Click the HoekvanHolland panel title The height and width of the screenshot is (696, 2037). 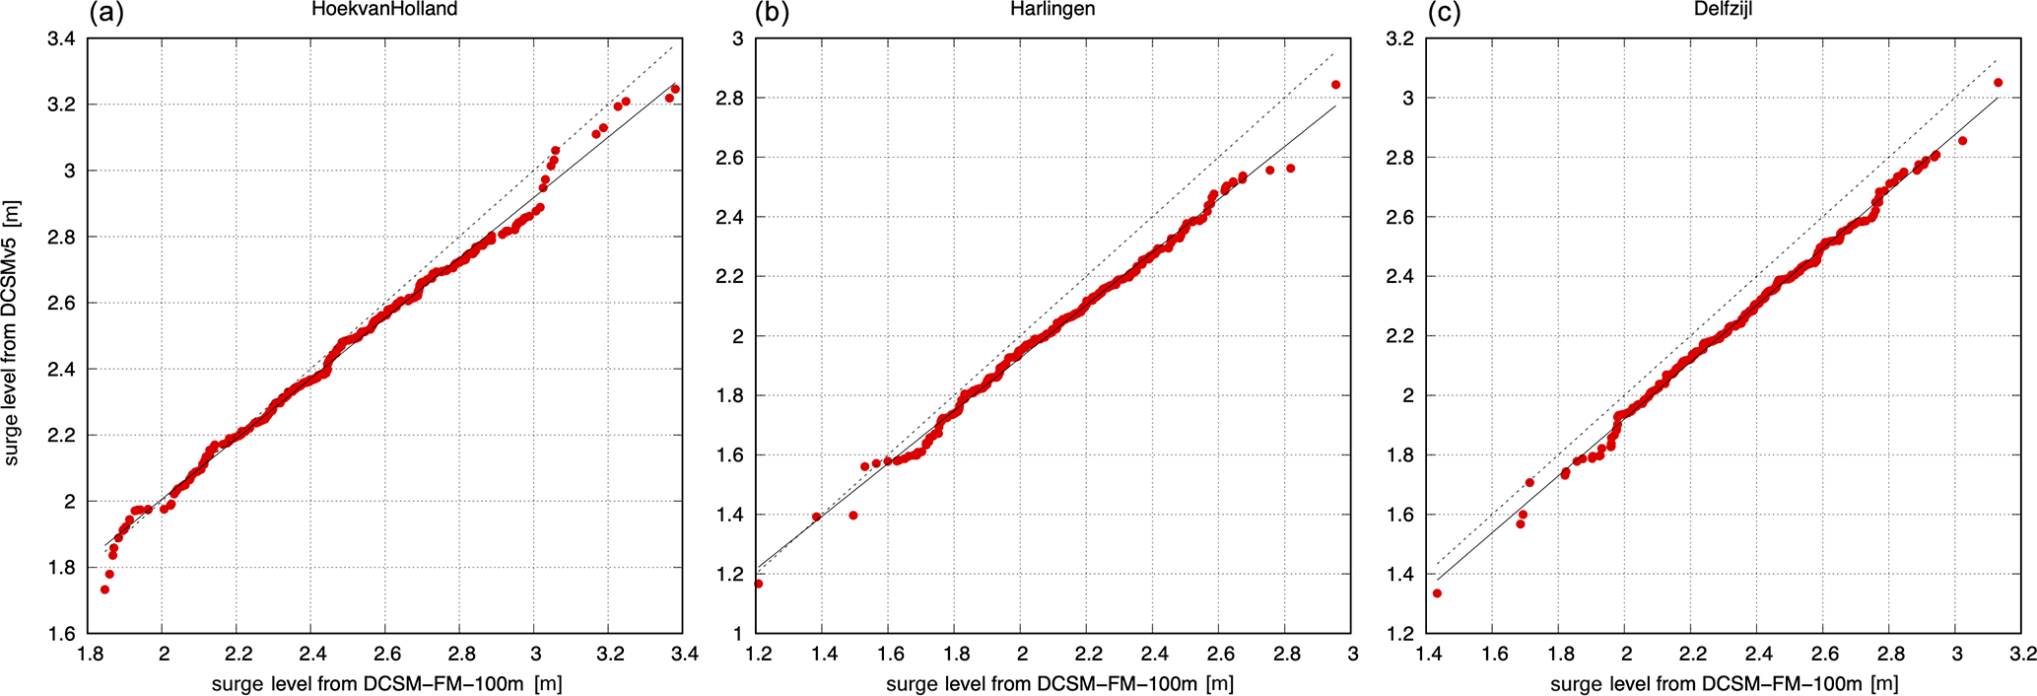(x=384, y=10)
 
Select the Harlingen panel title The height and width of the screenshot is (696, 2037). (x=1052, y=10)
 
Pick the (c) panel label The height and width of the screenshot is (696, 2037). (x=1444, y=13)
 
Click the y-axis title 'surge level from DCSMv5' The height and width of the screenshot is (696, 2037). (x=13, y=333)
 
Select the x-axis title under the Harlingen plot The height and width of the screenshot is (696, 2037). (x=1059, y=683)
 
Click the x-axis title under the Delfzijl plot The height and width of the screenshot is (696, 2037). (x=1724, y=683)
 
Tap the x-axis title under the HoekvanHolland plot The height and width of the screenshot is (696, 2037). (x=387, y=683)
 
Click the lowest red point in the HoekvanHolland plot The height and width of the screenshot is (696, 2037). (x=104, y=590)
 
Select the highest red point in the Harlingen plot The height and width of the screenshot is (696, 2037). (x=1335, y=85)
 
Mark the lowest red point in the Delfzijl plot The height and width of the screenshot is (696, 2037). (x=1437, y=593)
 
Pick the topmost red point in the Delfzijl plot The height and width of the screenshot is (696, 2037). (x=1998, y=83)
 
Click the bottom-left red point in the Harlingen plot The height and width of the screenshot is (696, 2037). (x=758, y=584)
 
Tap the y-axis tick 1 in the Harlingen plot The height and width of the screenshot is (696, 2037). (x=737, y=634)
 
